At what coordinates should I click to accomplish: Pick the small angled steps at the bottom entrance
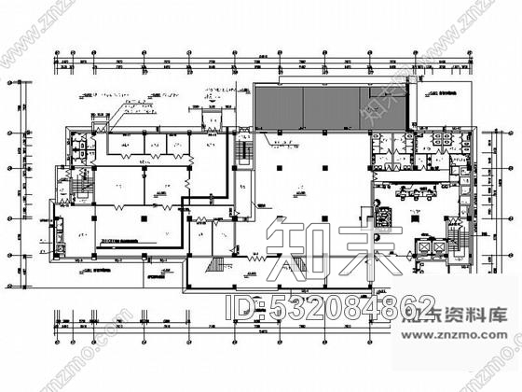(213, 267)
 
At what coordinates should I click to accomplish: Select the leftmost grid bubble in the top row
(62, 53)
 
